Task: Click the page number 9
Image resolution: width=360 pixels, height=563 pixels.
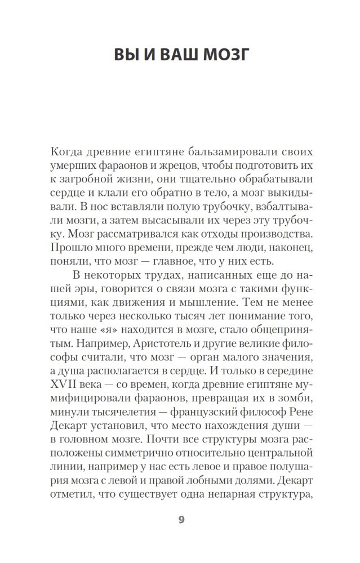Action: pos(181,520)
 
